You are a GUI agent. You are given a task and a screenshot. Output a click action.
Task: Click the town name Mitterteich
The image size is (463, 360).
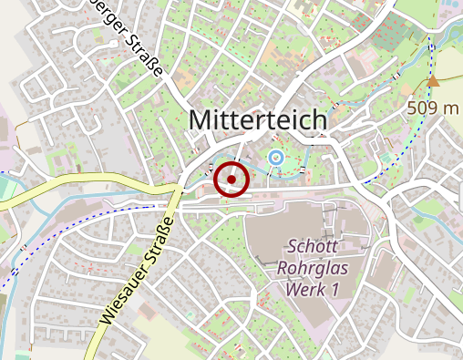257,118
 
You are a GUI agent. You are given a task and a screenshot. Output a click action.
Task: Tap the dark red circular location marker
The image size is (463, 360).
231,180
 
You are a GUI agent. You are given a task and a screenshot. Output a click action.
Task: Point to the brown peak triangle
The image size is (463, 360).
433,83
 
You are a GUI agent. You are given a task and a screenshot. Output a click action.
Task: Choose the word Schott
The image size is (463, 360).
312,246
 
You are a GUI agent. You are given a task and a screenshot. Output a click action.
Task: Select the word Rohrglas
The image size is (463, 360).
312,268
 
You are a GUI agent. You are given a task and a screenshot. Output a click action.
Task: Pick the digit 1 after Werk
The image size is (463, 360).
334,289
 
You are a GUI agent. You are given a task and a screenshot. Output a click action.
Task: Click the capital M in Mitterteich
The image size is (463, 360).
199,118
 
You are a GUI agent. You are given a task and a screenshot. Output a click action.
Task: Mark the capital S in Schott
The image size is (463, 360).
292,246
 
